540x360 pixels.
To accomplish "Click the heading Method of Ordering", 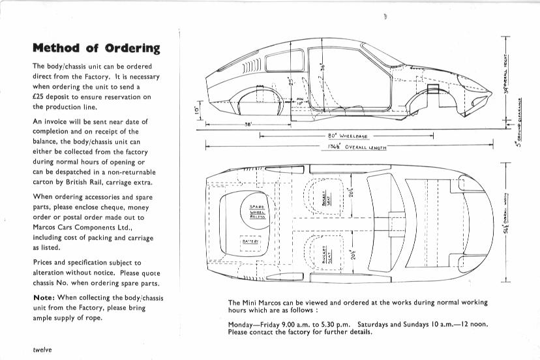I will point(96,48).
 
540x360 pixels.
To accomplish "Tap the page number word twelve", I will point(42,350).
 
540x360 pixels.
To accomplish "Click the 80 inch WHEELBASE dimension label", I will point(348,136).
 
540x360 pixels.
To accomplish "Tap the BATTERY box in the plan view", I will point(250,241).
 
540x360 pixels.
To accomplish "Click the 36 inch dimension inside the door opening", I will point(322,68).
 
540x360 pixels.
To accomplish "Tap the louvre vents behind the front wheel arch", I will point(251,68).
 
